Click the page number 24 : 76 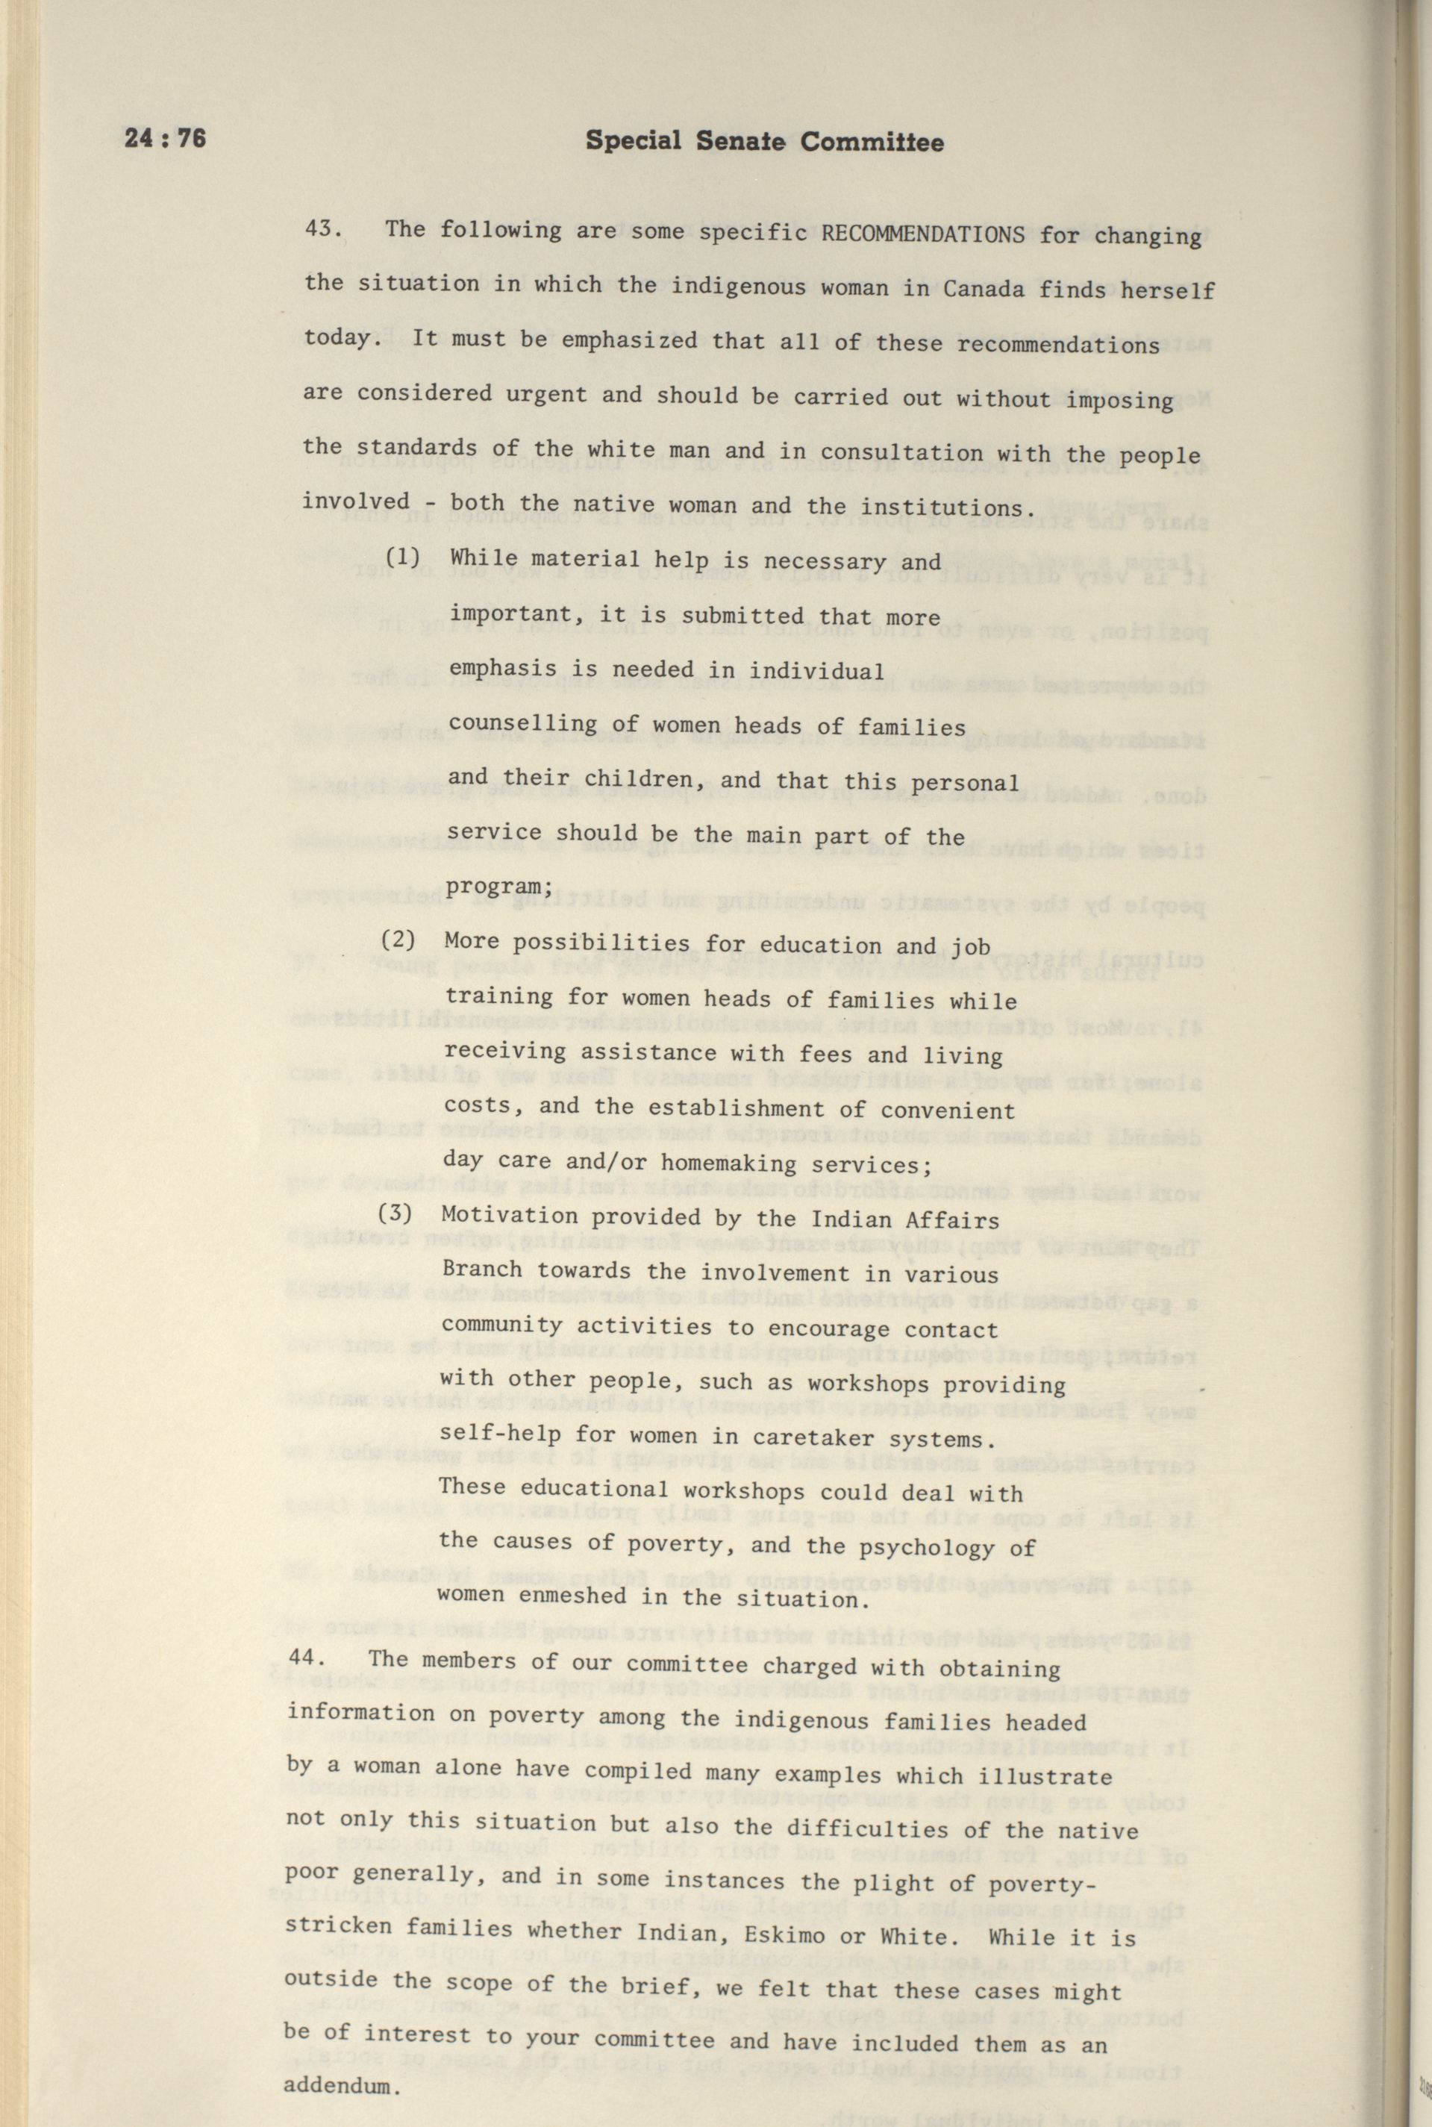coord(166,139)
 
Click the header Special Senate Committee coord(764,142)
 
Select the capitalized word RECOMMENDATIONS coord(922,233)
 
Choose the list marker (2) coord(398,940)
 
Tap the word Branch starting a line coord(481,1269)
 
